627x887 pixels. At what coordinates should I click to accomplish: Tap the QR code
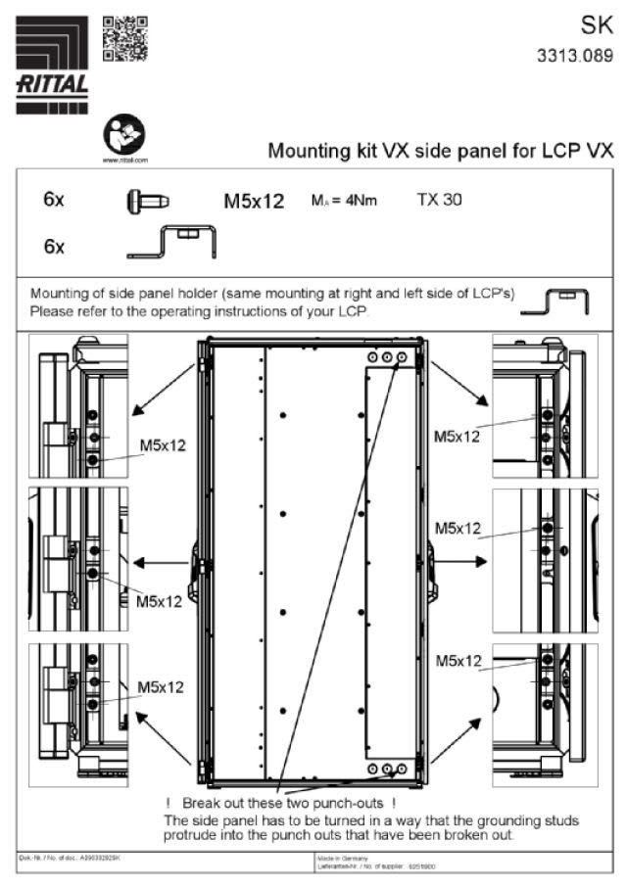click(x=124, y=39)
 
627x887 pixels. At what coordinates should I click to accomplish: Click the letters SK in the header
click(x=596, y=26)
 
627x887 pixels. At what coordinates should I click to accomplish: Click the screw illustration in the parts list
click(x=147, y=202)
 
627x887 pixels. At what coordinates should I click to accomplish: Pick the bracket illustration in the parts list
click(x=172, y=242)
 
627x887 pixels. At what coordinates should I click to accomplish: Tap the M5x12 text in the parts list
click(x=254, y=203)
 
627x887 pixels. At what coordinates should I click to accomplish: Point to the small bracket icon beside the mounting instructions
click(x=555, y=303)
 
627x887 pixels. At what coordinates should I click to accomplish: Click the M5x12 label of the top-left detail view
click(x=162, y=445)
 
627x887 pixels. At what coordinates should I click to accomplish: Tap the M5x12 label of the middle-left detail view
click(x=159, y=600)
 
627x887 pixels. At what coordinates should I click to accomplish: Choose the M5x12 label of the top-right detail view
click(x=458, y=437)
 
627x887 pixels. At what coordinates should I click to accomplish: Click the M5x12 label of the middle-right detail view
click(x=458, y=528)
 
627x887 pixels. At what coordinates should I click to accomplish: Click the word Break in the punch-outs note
click(x=202, y=803)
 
